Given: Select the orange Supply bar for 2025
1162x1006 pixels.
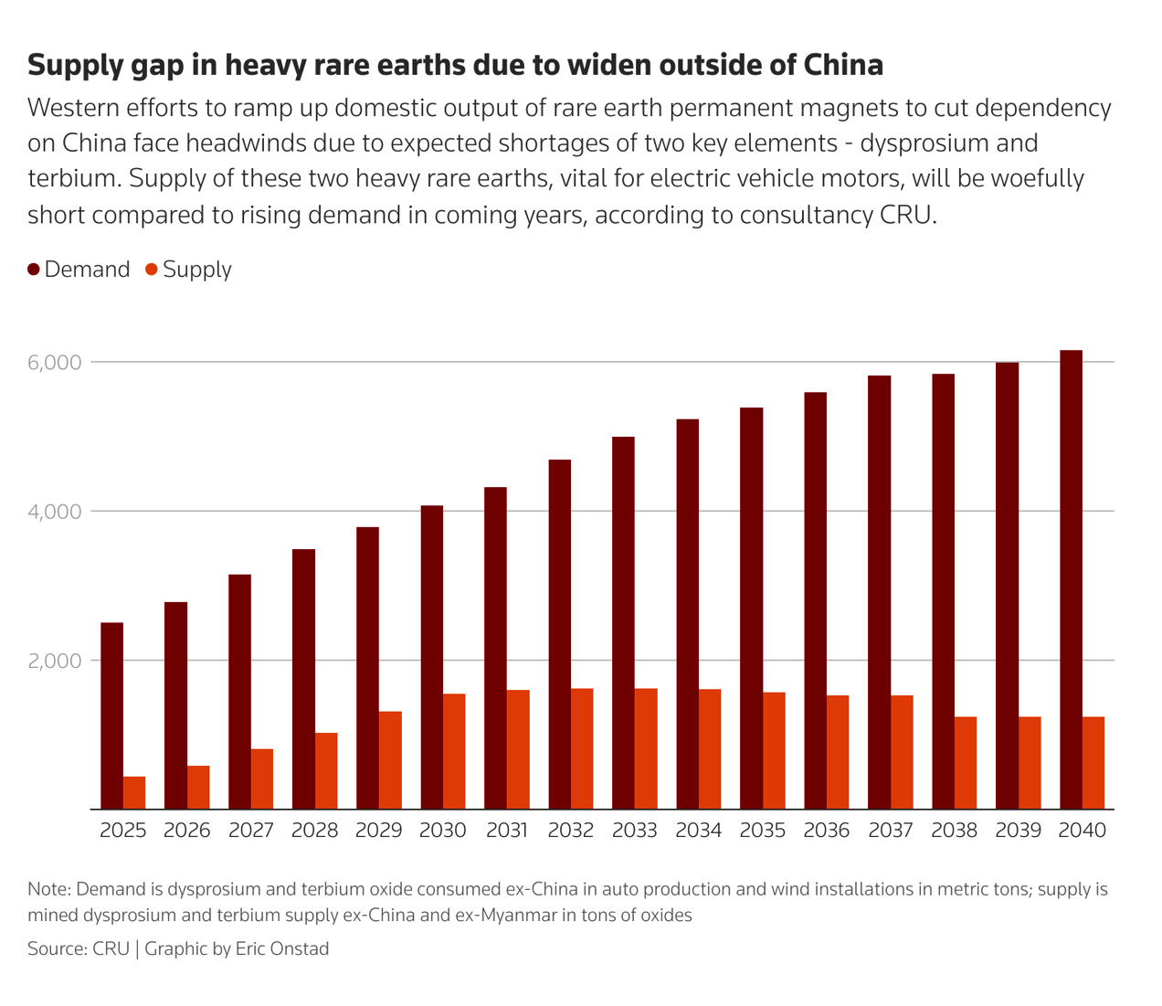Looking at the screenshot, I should point(134,792).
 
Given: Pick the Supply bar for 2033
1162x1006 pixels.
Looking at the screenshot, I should point(646,748).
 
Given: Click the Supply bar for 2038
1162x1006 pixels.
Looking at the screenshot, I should point(966,763).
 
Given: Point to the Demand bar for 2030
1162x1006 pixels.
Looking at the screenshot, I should point(431,657).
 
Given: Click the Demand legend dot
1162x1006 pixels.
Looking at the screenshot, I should point(34,270).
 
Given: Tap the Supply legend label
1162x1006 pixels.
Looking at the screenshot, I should point(196,270).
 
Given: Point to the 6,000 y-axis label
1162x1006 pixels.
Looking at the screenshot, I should point(55,363).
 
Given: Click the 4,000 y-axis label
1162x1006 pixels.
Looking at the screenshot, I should point(55,512).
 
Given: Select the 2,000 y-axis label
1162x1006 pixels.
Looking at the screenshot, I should point(55,661).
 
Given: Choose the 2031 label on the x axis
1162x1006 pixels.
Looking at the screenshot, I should point(507,831).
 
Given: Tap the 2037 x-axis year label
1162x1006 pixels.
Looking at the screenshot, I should point(891,831).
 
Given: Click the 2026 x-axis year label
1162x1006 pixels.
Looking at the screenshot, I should point(187,831).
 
